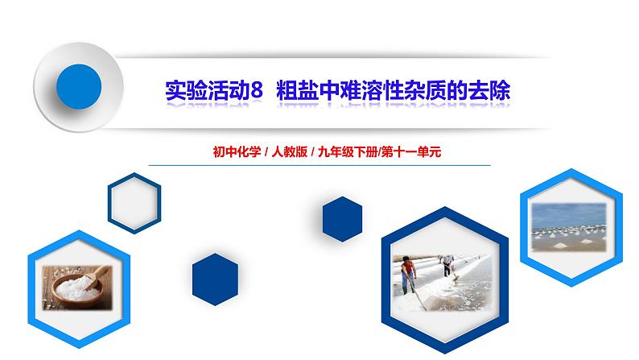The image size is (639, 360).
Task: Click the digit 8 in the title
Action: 257,89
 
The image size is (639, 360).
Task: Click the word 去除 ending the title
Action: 492,89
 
